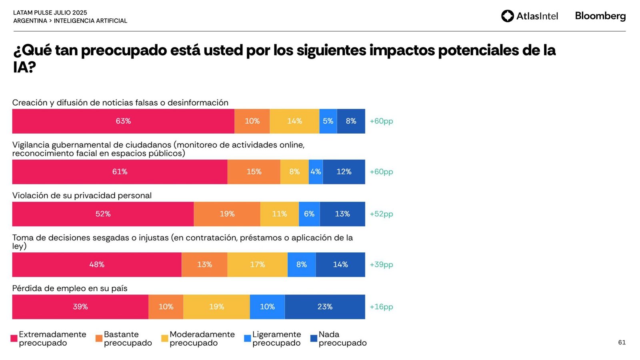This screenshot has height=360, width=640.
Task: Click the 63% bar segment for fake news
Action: coord(123,121)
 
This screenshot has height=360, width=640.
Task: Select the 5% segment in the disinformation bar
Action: coord(328,121)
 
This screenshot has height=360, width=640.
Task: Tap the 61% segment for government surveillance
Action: coord(120,172)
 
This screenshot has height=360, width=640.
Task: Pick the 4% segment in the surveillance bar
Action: coord(316,172)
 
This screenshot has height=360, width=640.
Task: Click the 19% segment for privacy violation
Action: coord(227,214)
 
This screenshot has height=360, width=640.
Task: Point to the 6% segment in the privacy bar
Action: coord(309,214)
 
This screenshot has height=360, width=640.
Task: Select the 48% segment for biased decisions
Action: coord(97,265)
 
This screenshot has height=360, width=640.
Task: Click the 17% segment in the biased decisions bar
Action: coord(257,265)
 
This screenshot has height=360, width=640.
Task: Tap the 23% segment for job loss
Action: coord(325,307)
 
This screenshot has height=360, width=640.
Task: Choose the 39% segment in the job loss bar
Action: coord(80,307)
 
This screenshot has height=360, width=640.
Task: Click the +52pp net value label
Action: coord(381,214)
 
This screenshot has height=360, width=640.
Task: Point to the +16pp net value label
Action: coord(381,307)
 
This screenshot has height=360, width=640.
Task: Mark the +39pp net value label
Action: coord(381,265)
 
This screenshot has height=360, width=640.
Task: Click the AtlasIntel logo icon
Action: coord(508,16)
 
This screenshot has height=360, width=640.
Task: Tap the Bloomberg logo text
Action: coord(600,16)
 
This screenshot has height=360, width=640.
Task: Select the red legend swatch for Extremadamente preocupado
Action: coord(14,338)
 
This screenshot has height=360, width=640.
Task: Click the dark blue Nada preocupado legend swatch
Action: coord(314,338)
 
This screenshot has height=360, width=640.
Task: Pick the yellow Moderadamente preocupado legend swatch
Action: coord(164,338)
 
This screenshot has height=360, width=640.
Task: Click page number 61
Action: coord(622,342)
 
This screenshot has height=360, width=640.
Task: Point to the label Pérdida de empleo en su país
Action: coord(70,288)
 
